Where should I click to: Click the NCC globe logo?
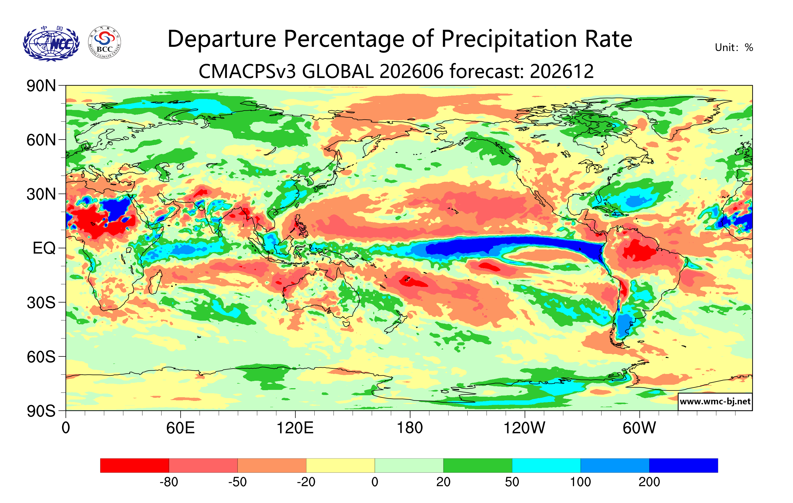[x=51, y=43]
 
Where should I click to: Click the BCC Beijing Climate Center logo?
[x=105, y=43]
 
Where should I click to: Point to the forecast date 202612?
[x=562, y=71]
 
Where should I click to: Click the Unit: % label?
[x=734, y=47]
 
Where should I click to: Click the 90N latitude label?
[x=41, y=86]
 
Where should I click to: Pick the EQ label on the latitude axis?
[x=44, y=248]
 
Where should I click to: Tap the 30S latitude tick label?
[x=41, y=303]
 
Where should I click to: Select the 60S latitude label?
[x=41, y=357]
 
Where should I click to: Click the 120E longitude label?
[x=295, y=428]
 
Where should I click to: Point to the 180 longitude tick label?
[x=410, y=428]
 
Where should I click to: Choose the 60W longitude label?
[x=639, y=428]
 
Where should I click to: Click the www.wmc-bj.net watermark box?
[x=715, y=401]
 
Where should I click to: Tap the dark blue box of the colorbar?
[x=683, y=465]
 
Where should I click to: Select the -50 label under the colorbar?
[x=237, y=482]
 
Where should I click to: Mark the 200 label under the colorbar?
[x=649, y=482]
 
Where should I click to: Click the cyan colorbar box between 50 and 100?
[x=546, y=465]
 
